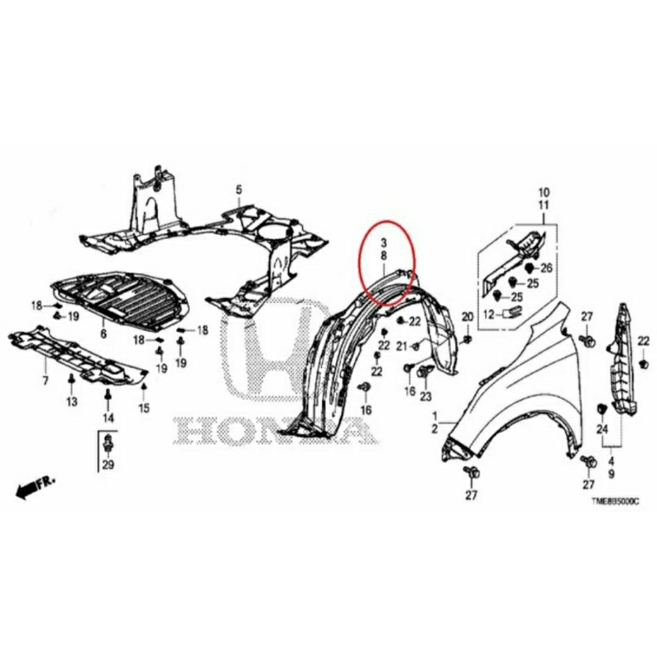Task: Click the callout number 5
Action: (239, 191)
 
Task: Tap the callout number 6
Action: (103, 333)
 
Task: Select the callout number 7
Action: (46, 381)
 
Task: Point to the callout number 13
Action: (71, 402)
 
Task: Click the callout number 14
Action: (108, 417)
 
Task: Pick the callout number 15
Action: (144, 408)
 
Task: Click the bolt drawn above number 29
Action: (108, 445)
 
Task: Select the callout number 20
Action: (467, 317)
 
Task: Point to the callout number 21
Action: (402, 347)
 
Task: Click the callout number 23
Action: (425, 397)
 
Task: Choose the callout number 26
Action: (547, 268)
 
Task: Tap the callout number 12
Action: (488, 314)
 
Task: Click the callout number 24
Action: (601, 430)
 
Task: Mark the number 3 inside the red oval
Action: (383, 243)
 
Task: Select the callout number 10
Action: (543, 191)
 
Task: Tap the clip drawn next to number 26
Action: (530, 268)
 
